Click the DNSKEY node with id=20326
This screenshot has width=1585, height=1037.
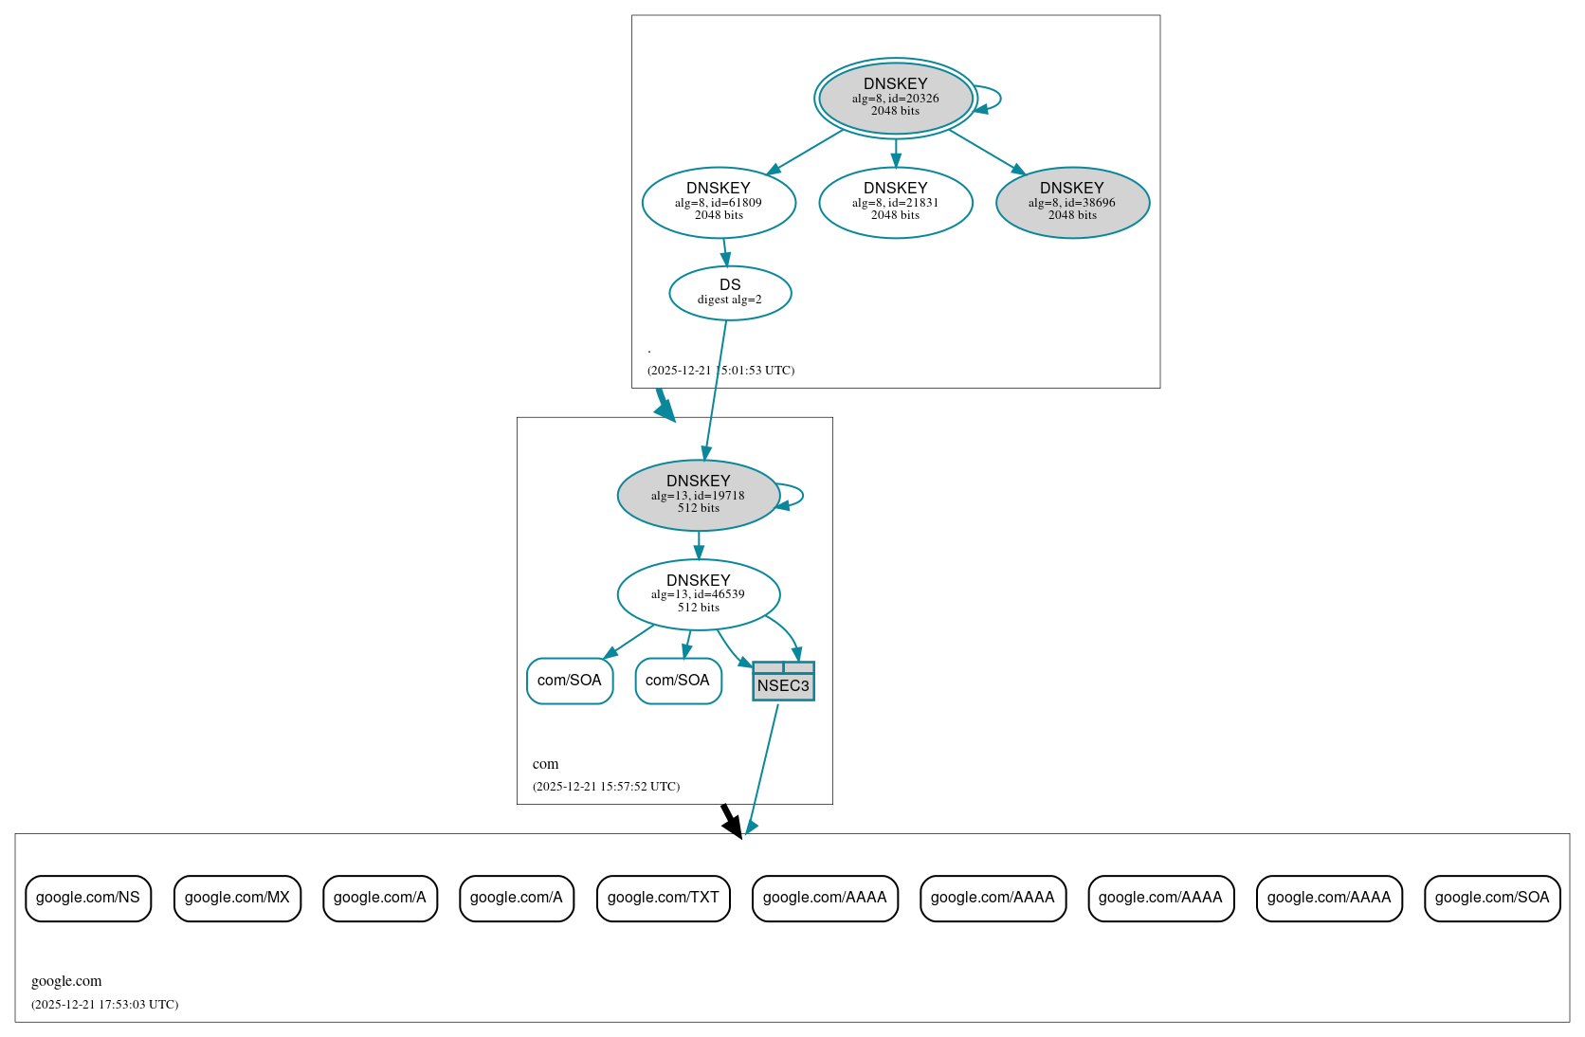(895, 98)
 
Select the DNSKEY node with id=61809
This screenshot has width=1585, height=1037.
(719, 202)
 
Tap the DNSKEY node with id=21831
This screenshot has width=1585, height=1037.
(895, 202)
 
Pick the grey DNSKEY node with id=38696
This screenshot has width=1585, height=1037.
(1072, 202)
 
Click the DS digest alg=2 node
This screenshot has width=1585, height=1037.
(730, 292)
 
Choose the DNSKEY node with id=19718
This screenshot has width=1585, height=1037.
(698, 495)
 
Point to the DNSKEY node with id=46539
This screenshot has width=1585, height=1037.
(698, 594)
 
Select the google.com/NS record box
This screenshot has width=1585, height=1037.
(88, 898)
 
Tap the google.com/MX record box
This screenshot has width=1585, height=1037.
(237, 898)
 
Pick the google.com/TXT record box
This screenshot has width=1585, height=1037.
(663, 898)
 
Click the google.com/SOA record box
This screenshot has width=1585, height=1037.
(1491, 898)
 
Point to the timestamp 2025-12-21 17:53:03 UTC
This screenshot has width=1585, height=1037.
(104, 1005)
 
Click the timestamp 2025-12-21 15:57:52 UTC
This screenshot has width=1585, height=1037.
(606, 787)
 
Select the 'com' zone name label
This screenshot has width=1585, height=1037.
(545, 764)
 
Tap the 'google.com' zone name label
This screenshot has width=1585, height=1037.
(66, 981)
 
